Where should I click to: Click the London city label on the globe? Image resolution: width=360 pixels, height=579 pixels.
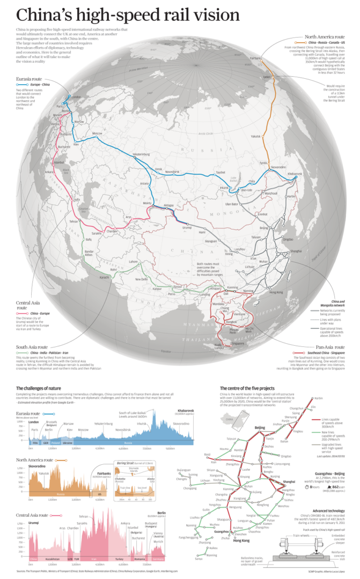pyautogui.click(x=76, y=97)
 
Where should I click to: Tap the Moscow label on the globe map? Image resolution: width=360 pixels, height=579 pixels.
pyautogui.click(x=97, y=133)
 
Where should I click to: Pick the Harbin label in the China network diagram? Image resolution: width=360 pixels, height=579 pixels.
pyautogui.click(x=318, y=398)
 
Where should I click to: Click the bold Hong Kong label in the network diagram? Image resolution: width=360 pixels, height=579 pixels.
pyautogui.click(x=242, y=540)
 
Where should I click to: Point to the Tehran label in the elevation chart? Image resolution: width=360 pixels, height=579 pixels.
pyautogui.click(x=84, y=516)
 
